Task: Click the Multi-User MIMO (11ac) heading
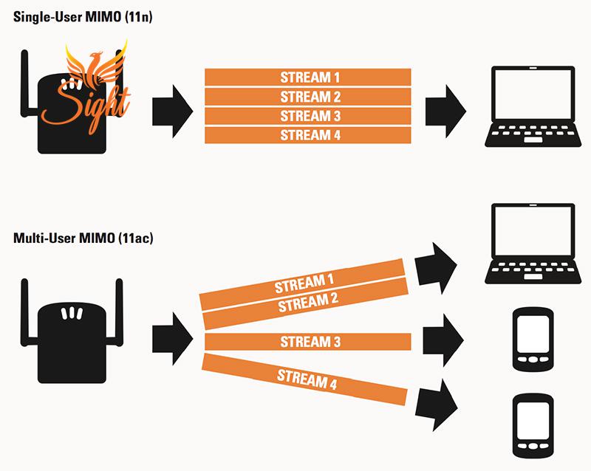pyautogui.click(x=83, y=238)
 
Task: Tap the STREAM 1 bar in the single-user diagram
pyautogui.click(x=307, y=77)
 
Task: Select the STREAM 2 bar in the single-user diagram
pyautogui.click(x=307, y=96)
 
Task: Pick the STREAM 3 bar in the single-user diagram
pyautogui.click(x=307, y=115)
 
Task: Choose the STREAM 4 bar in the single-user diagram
pyautogui.click(x=307, y=134)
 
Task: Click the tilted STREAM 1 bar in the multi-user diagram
pyautogui.click(x=303, y=283)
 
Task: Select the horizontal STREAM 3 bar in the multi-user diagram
pyautogui.click(x=306, y=342)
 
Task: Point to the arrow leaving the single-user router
pyautogui.click(x=171, y=109)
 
